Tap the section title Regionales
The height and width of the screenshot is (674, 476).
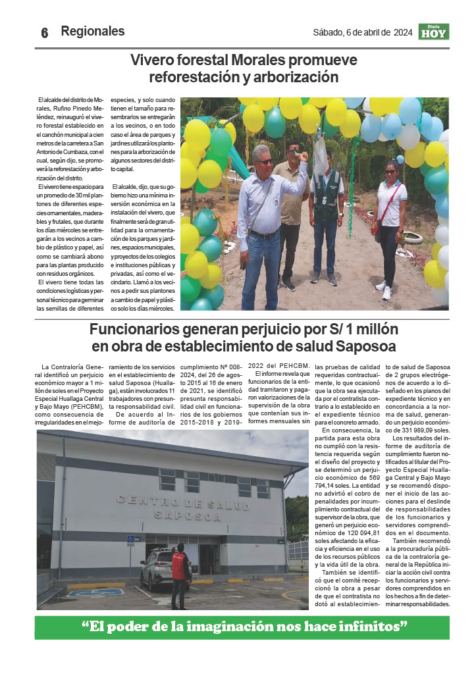click(x=92, y=31)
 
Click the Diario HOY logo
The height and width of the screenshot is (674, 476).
click(x=433, y=32)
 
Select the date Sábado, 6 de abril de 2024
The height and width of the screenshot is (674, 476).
click(x=362, y=32)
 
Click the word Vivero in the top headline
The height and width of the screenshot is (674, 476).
click(x=151, y=61)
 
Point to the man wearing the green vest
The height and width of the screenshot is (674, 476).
click(x=326, y=211)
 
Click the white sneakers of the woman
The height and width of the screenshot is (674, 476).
click(x=383, y=288)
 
